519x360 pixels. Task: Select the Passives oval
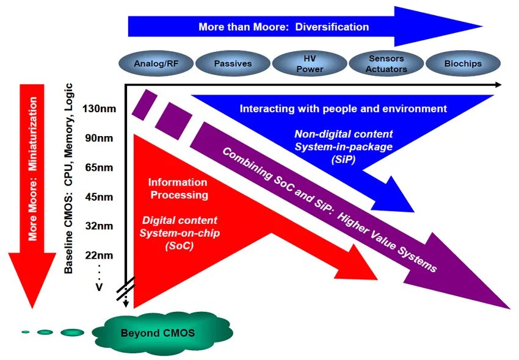[x=233, y=63]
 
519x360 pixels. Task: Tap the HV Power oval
[x=310, y=64]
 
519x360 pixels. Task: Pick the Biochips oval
[x=463, y=63]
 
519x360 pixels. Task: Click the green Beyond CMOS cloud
[x=158, y=333]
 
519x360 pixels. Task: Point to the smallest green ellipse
[x=26, y=332]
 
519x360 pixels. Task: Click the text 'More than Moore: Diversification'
[x=283, y=27]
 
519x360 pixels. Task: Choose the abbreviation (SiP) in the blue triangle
[x=344, y=159]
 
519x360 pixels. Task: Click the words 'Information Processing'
[x=178, y=189]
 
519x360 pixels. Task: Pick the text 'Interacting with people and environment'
[x=343, y=109]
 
